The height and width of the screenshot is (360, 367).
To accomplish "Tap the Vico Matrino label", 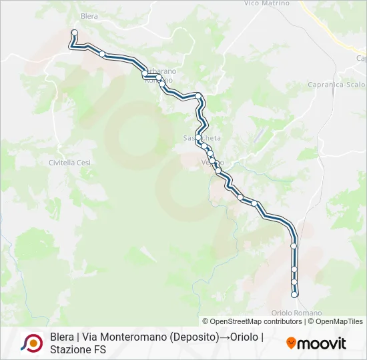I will click(267, 3).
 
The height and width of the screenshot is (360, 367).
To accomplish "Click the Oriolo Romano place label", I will click(297, 313).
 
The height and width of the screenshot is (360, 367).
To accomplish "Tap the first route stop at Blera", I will click(74, 33).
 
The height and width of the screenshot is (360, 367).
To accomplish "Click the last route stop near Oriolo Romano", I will click(294, 295).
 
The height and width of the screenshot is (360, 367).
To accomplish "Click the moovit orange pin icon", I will click(291, 343).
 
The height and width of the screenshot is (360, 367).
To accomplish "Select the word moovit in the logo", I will click(322, 344).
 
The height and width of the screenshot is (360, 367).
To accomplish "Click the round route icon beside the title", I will click(31, 343).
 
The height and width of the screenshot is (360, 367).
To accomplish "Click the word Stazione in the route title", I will click(73, 350).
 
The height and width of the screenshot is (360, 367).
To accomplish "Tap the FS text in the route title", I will click(105, 350).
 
